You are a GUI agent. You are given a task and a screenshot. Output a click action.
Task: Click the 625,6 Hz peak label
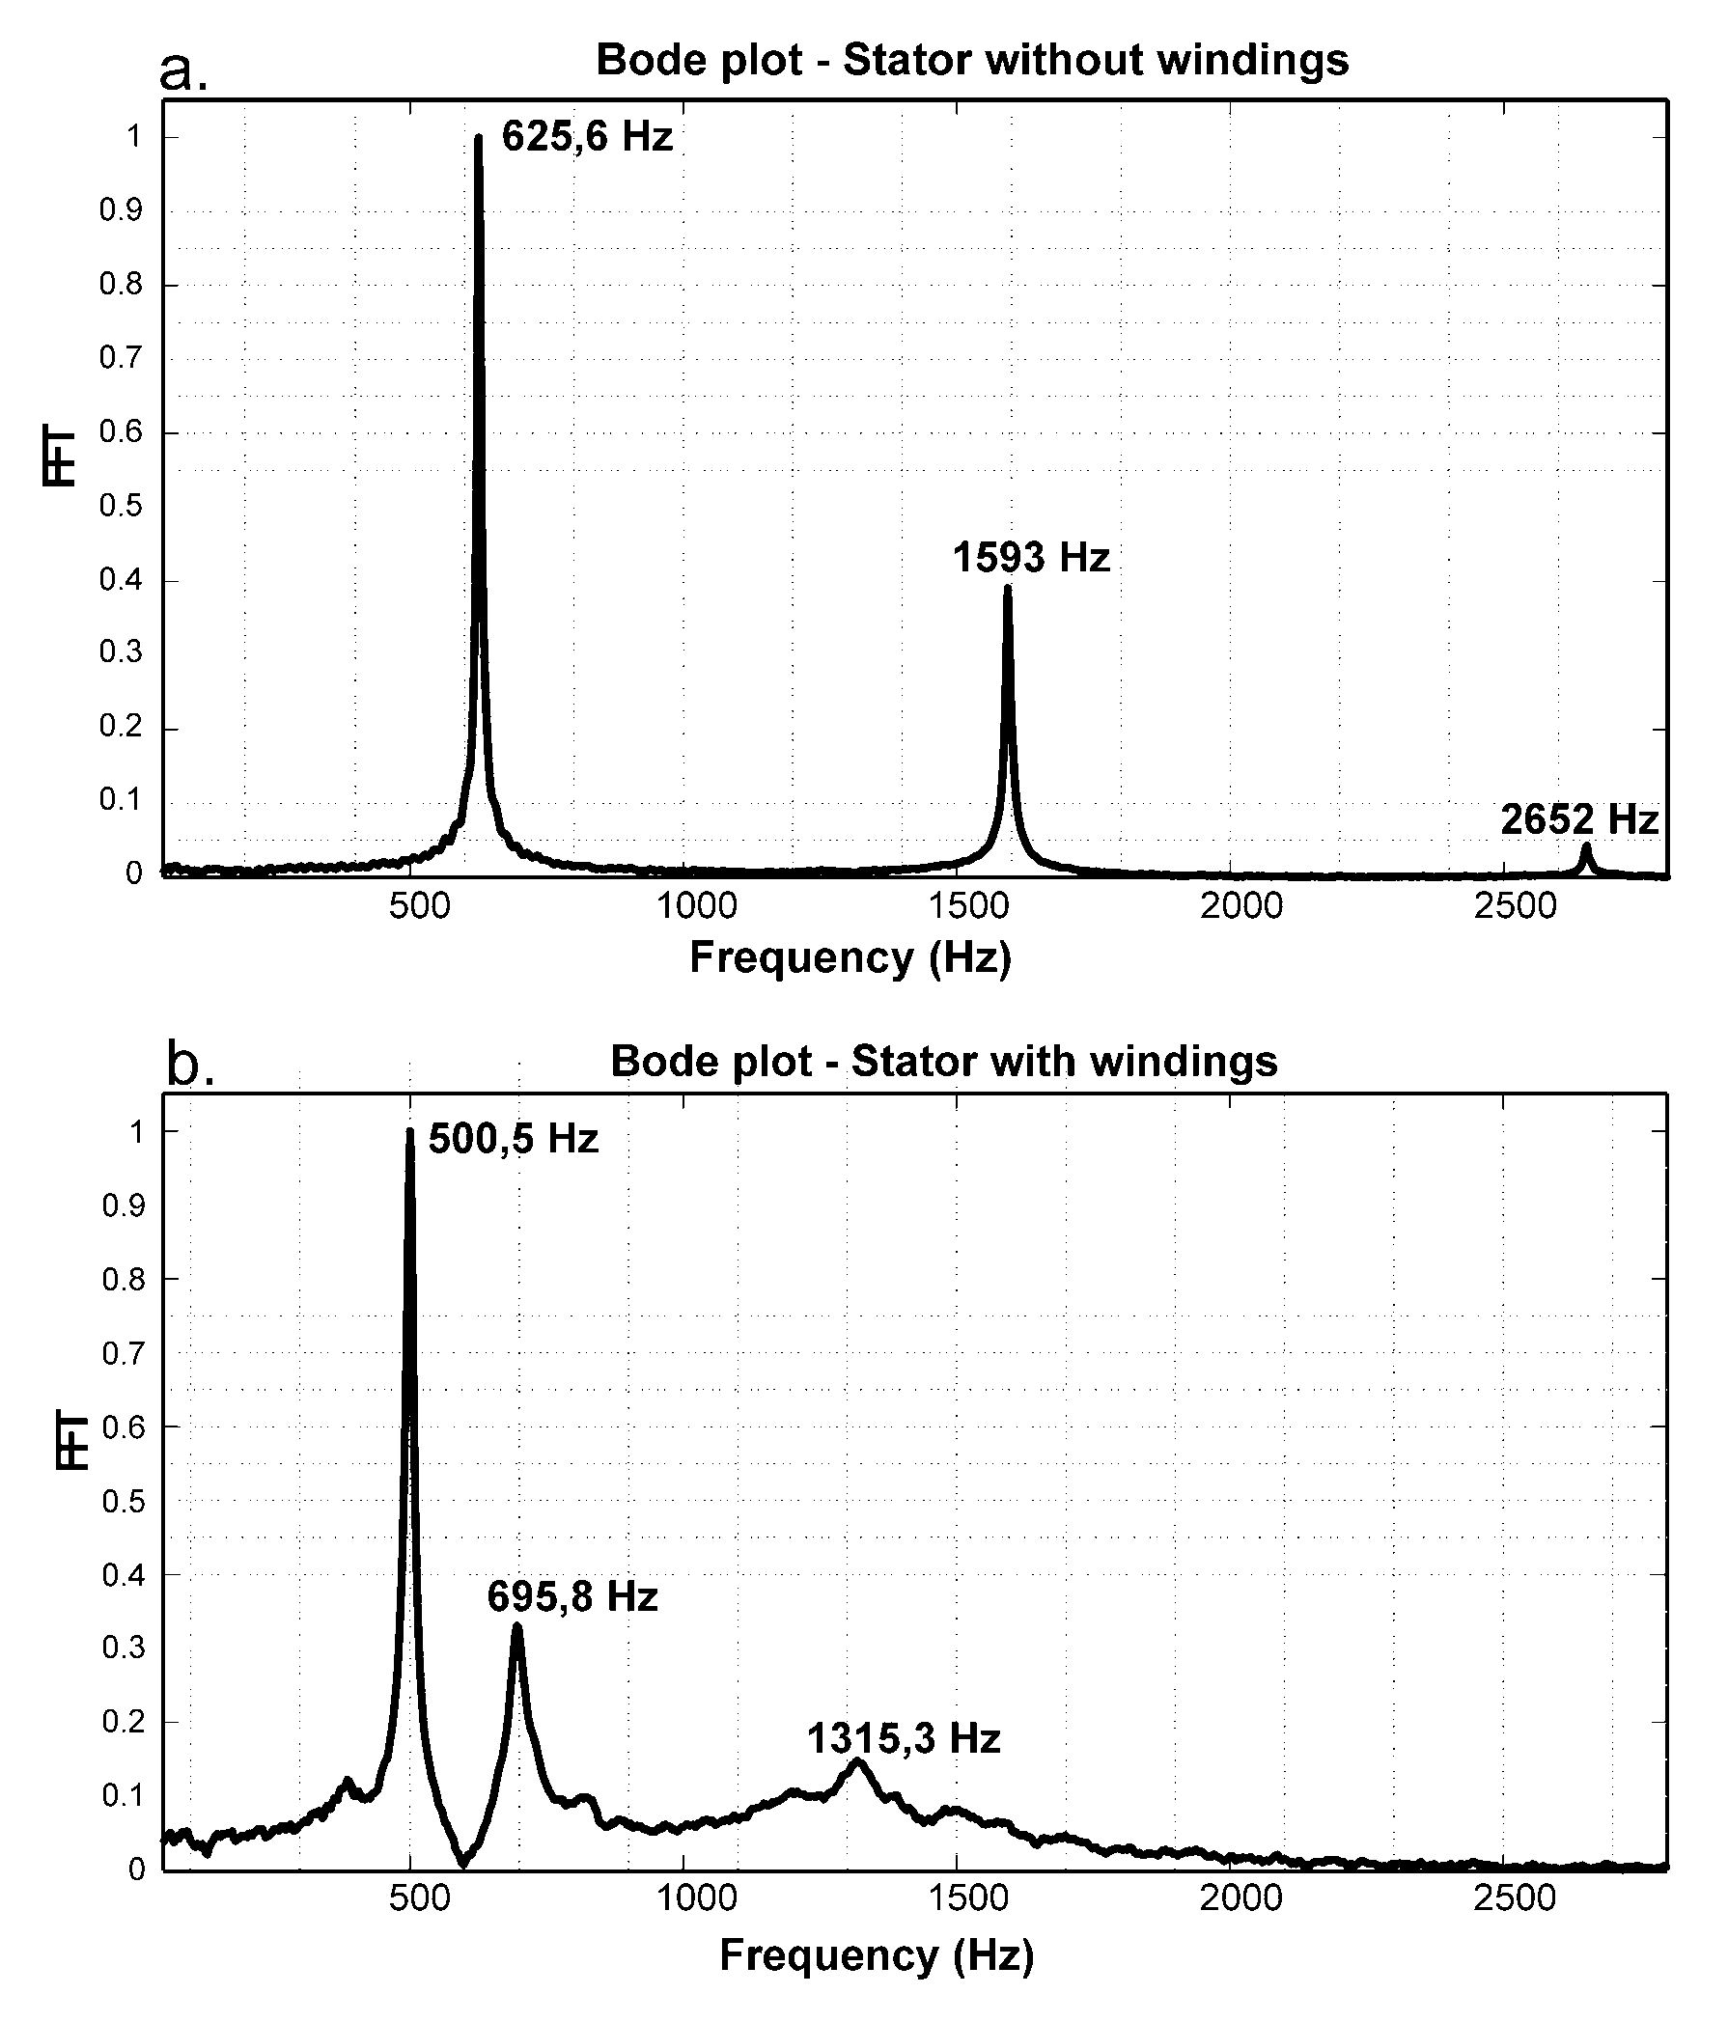pos(587,137)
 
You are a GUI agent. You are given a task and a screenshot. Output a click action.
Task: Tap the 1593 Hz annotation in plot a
pos(1031,558)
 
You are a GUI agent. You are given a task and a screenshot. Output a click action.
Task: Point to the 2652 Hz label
pos(1578,819)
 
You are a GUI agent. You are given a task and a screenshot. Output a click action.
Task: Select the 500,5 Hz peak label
pos(513,1139)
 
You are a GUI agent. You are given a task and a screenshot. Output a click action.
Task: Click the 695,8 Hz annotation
pos(572,1596)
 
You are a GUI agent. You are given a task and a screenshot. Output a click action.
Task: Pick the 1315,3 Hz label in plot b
pos(903,1739)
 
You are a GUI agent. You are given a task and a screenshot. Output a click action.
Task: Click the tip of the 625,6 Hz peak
pos(478,139)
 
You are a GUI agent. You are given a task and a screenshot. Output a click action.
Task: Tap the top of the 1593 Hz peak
pos(1008,588)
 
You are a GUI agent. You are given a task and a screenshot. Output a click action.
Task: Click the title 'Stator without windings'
pos(971,61)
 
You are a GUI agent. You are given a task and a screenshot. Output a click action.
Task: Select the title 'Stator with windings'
pos(943,1061)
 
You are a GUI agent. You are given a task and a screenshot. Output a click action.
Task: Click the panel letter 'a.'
pos(183,70)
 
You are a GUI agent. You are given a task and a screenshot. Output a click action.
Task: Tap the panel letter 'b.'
pos(190,1065)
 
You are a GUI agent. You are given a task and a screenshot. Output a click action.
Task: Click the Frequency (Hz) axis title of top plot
pos(850,957)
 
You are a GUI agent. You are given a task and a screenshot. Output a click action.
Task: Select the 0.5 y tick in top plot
pos(120,507)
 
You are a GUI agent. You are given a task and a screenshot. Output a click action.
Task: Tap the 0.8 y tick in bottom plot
pos(122,1280)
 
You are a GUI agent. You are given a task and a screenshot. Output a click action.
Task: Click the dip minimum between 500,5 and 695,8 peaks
pos(462,1862)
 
